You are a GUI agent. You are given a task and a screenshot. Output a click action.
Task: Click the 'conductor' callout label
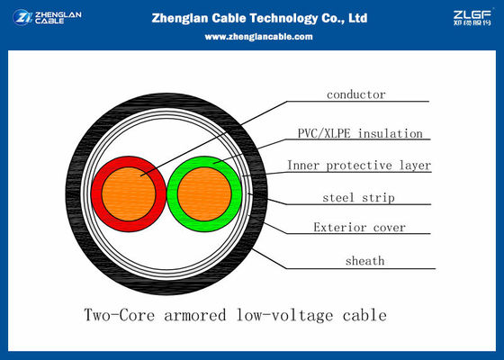[355, 94]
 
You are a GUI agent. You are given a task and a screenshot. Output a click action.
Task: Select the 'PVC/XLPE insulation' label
[359, 134]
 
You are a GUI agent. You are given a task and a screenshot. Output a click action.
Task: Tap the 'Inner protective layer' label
[359, 166]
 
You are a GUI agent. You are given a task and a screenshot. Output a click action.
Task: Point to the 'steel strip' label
[359, 197]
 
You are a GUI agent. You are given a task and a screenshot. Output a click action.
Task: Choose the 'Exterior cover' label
[359, 228]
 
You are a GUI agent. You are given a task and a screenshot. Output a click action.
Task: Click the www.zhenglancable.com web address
[258, 37]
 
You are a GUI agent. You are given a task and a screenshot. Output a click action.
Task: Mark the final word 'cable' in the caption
[364, 316]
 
